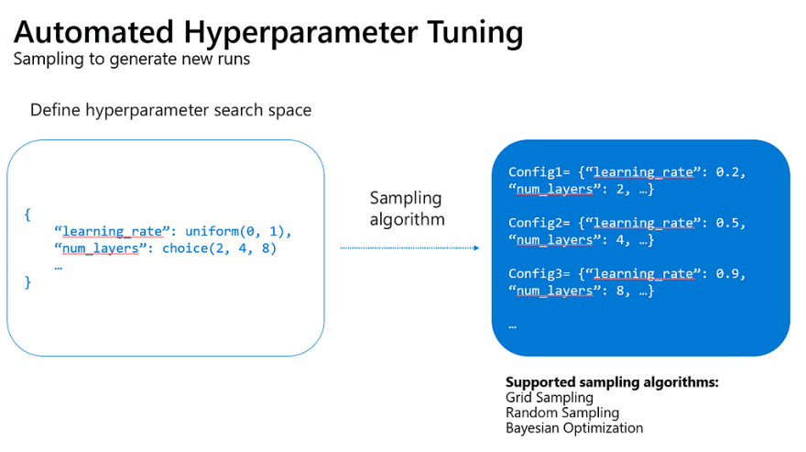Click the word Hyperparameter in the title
pyautogui.click(x=300, y=33)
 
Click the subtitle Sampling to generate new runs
pyautogui.click(x=132, y=60)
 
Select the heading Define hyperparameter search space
pyautogui.click(x=170, y=110)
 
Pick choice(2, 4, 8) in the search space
pyautogui.click(x=220, y=248)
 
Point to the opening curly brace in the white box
pyautogui.click(x=27, y=215)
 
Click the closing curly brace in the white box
pyautogui.click(x=27, y=282)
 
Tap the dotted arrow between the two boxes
pyautogui.click(x=409, y=248)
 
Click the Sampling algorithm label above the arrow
pyautogui.click(x=407, y=208)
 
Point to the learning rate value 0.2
pyautogui.click(x=728, y=172)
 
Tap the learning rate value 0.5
pyautogui.click(x=728, y=223)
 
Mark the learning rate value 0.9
pyautogui.click(x=728, y=274)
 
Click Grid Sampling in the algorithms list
pyautogui.click(x=550, y=398)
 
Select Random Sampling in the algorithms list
pyautogui.click(x=562, y=413)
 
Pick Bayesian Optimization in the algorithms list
pyautogui.click(x=574, y=428)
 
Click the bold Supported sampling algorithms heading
pyautogui.click(x=612, y=382)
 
